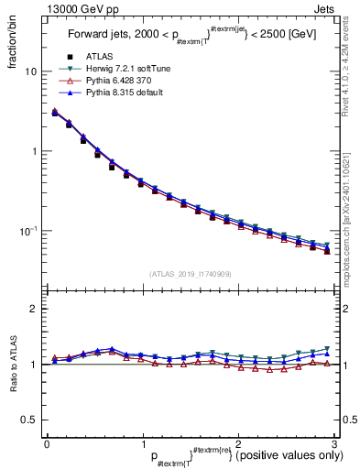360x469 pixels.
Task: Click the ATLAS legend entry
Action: click(100, 57)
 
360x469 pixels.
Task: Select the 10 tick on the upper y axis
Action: click(32, 71)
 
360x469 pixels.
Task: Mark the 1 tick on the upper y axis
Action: click(35, 151)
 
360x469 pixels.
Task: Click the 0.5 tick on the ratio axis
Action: click(30, 420)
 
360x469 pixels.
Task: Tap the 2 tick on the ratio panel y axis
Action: click(35, 309)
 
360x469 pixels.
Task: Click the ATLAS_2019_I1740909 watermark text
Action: click(190, 274)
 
